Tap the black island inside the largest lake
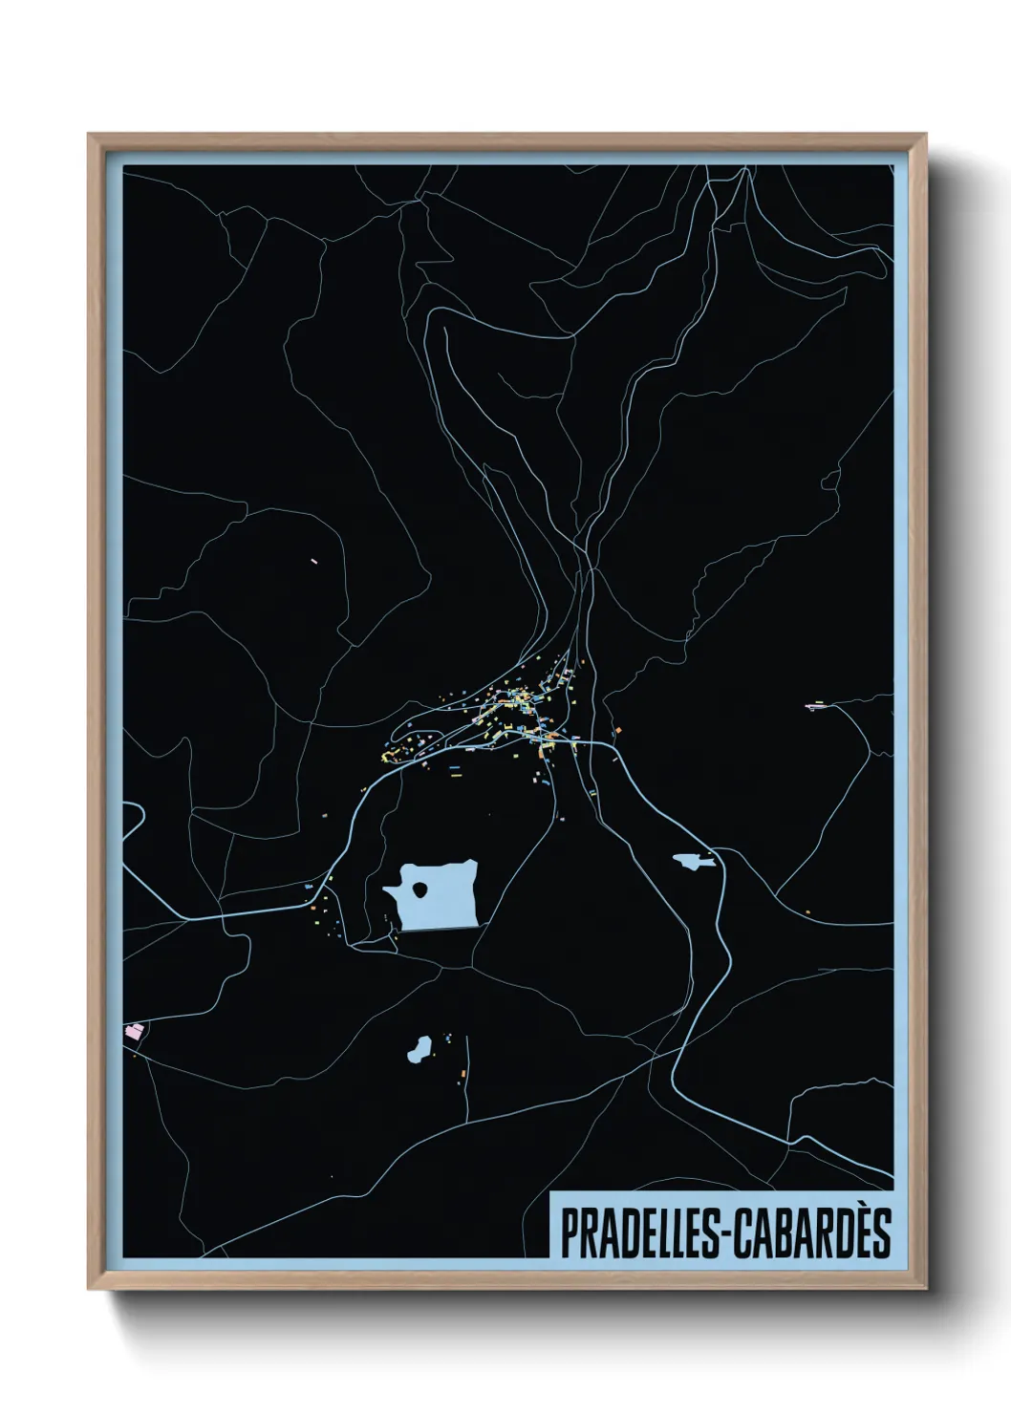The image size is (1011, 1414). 420,891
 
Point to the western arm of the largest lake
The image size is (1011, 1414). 391,892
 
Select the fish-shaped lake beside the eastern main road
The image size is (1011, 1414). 693,861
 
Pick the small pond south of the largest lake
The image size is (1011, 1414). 418,1050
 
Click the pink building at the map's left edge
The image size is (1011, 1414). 135,1032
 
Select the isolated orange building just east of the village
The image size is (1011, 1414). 617,731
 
